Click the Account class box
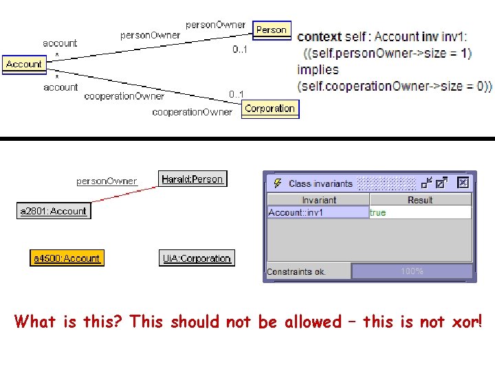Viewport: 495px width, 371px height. tap(23, 64)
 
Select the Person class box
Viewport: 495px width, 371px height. tap(271, 30)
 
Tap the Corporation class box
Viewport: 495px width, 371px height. tap(269, 109)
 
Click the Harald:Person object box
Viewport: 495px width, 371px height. tap(192, 179)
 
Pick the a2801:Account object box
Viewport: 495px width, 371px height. tap(54, 211)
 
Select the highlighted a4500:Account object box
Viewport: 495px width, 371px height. tap(67, 258)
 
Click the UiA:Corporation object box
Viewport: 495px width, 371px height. tap(196, 258)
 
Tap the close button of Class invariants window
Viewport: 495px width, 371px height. tap(463, 183)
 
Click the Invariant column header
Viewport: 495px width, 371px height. tap(318, 200)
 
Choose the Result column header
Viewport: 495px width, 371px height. tap(419, 200)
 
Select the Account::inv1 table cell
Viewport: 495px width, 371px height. tap(318, 212)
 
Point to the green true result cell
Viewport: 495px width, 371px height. tap(378, 212)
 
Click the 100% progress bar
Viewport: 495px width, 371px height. tap(412, 271)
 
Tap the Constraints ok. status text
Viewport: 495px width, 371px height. tap(296, 271)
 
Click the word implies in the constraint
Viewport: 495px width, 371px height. tap(318, 69)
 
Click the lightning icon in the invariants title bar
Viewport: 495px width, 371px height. tap(277, 183)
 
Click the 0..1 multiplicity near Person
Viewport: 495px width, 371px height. tap(240, 49)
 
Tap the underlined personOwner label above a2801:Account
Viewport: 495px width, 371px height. tap(107, 181)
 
